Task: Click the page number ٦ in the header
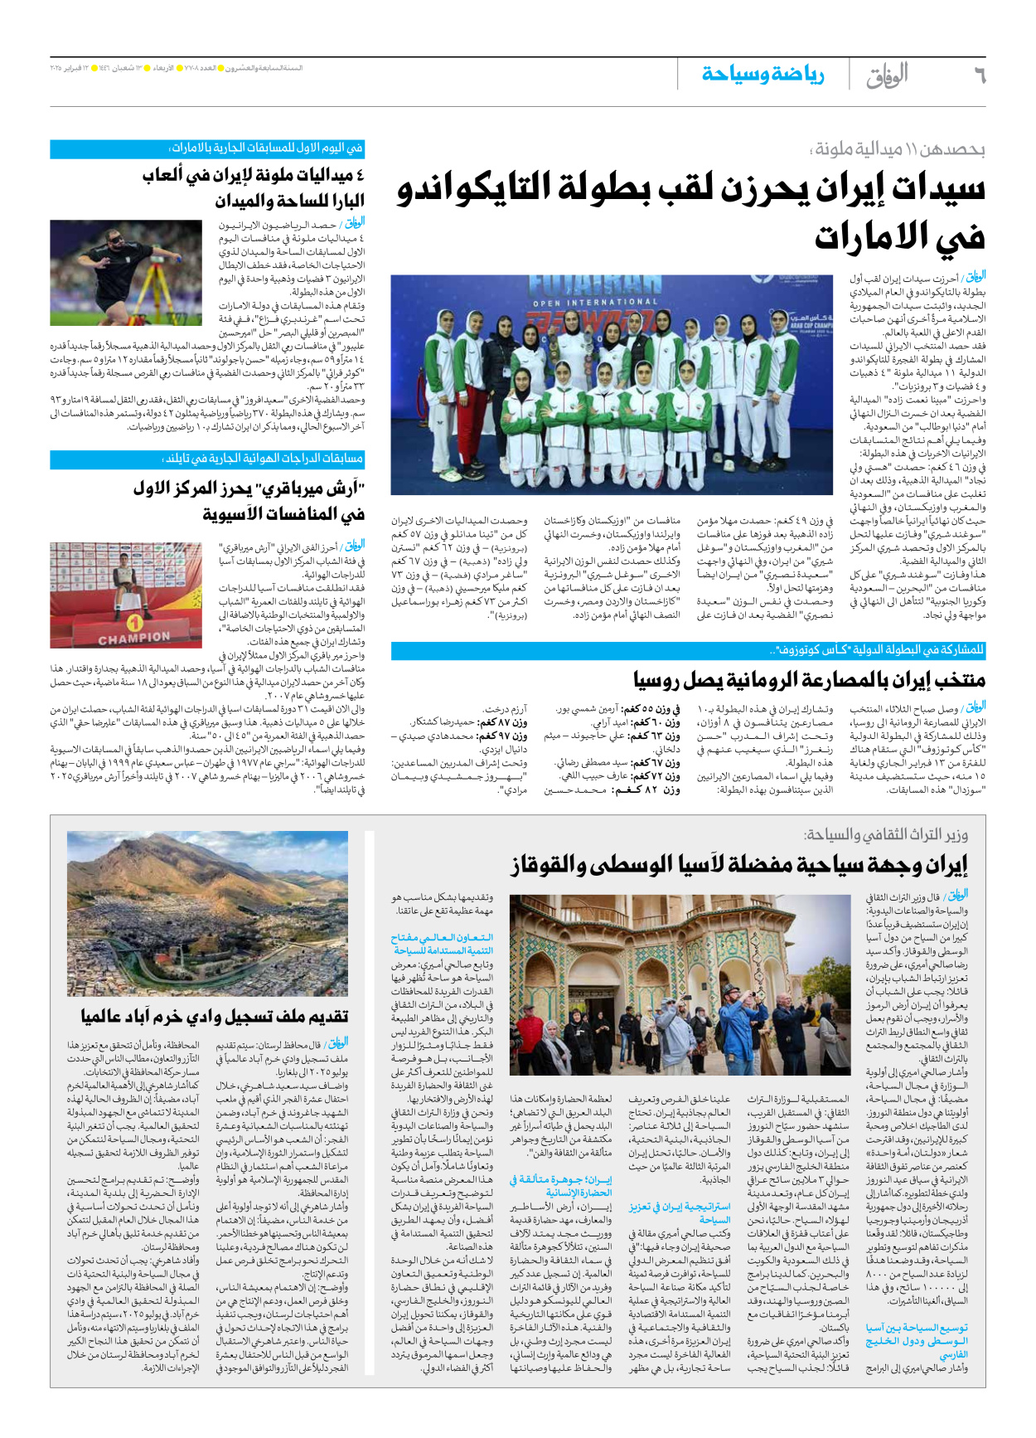click(979, 75)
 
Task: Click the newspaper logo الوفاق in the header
click(887, 75)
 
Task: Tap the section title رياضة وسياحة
click(762, 75)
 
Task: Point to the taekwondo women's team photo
click(612, 384)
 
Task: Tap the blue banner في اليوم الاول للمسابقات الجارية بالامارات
click(207, 148)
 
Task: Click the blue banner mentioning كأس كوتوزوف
click(688, 650)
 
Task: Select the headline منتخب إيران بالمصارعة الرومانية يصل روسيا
click(809, 681)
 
